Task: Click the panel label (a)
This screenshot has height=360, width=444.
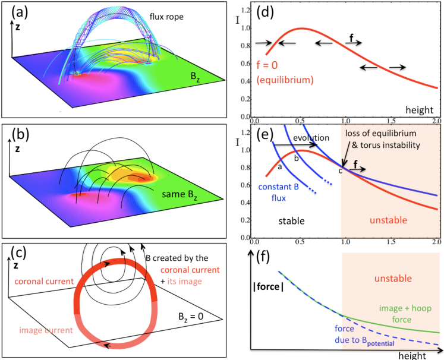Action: pos(16,12)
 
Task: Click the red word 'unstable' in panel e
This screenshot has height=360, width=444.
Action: pos(389,219)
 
